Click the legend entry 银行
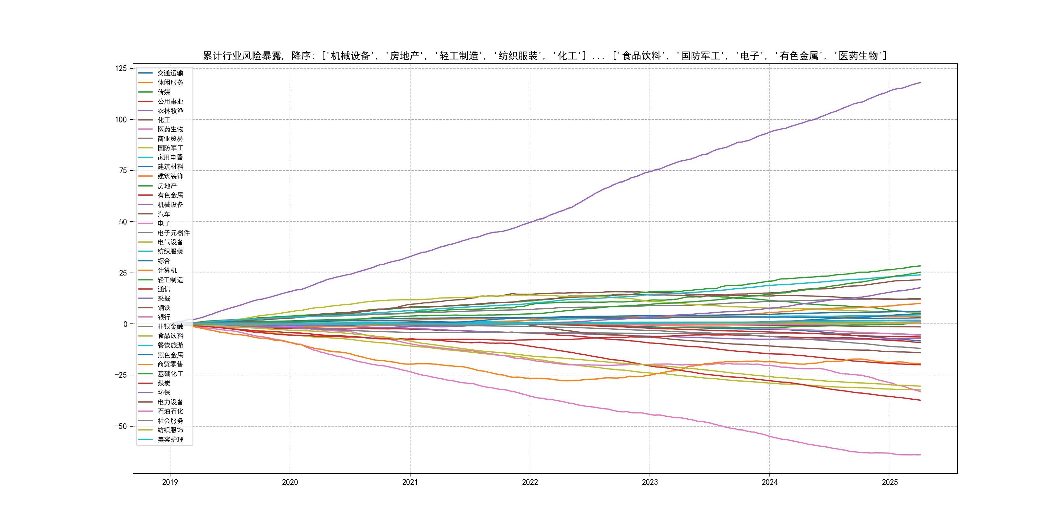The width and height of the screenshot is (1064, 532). [x=164, y=317]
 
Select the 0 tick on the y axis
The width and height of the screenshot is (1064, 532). [x=125, y=324]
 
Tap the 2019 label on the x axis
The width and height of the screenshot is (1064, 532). [x=170, y=482]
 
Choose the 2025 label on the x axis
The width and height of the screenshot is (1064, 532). [x=890, y=482]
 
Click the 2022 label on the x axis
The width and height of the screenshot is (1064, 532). [x=530, y=482]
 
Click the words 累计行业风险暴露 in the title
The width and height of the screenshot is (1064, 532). [x=242, y=56]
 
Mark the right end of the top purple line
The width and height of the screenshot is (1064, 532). [x=920, y=83]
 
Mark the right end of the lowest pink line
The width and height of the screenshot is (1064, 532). [x=920, y=455]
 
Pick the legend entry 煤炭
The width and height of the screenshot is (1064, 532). [x=164, y=383]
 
